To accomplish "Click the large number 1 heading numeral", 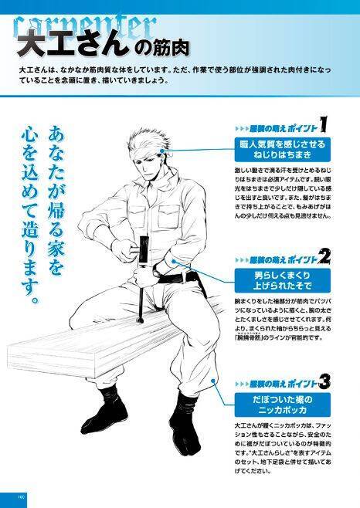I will [x=324, y=124].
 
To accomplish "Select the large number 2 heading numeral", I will [x=324, y=257].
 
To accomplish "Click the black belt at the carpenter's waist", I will [x=174, y=269].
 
